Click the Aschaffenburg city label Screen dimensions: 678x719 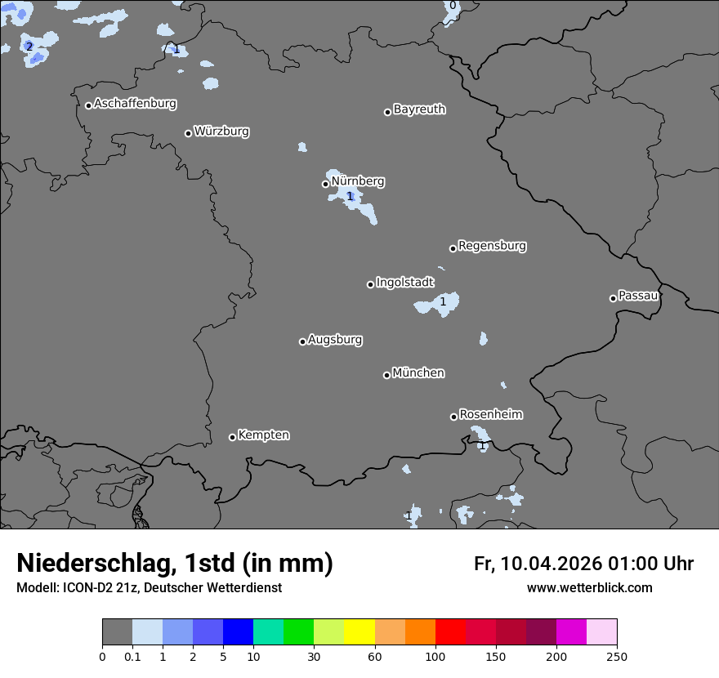(x=135, y=104)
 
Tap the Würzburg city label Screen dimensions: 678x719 (x=221, y=132)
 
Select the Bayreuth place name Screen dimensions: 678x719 (x=419, y=109)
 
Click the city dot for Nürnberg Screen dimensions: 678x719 (x=325, y=184)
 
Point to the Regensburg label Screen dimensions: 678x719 (x=492, y=246)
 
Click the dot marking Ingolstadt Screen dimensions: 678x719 (x=370, y=284)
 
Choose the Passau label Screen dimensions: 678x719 (x=638, y=296)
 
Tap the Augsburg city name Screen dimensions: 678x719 (x=335, y=340)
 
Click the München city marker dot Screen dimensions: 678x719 (x=386, y=375)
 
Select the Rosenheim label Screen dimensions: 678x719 (x=490, y=415)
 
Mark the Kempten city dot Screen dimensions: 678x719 (x=232, y=437)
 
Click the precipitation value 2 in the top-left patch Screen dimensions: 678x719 (x=29, y=47)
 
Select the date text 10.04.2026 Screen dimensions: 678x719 (x=552, y=564)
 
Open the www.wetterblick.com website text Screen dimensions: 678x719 (x=589, y=588)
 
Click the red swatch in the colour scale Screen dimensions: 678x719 (x=449, y=632)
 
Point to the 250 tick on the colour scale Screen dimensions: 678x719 (x=617, y=656)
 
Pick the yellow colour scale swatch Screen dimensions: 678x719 (x=359, y=632)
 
